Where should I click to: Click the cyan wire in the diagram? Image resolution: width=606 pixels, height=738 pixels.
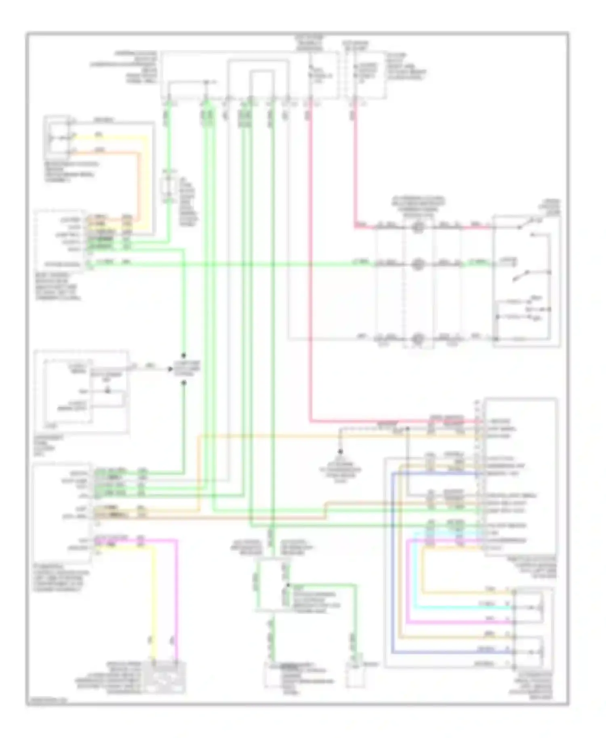[461, 608]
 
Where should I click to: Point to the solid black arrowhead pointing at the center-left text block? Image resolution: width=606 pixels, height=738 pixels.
[170, 369]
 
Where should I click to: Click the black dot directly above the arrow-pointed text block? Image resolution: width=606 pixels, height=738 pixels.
[184, 356]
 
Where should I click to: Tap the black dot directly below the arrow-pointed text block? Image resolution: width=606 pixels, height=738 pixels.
[184, 382]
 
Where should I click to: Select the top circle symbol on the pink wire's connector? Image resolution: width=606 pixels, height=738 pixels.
[418, 228]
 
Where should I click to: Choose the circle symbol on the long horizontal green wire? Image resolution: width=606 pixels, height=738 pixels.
[418, 265]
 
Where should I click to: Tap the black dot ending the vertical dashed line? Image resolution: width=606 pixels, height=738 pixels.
[341, 452]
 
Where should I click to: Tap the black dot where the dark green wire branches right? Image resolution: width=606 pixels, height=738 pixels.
[288, 585]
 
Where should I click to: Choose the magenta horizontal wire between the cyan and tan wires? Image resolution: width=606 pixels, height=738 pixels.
[461, 622]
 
